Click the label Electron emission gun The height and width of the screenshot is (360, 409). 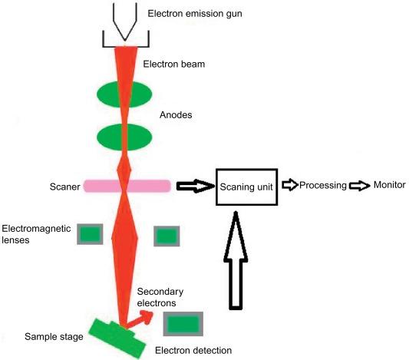(x=195, y=14)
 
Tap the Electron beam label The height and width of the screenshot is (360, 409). (x=174, y=64)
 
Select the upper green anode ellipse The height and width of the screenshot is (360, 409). (x=124, y=94)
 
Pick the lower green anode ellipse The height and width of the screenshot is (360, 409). (x=124, y=137)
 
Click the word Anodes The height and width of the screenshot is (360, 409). (x=176, y=115)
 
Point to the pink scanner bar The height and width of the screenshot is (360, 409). (x=127, y=186)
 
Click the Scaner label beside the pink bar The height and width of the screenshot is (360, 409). (x=64, y=187)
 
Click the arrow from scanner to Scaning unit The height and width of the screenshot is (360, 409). (x=196, y=186)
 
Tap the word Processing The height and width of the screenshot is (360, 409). (x=323, y=185)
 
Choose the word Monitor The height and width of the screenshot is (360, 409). (x=390, y=185)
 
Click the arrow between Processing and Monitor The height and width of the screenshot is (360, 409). (x=359, y=186)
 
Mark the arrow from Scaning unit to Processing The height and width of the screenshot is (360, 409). (x=290, y=185)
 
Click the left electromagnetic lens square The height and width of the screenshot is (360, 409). (x=90, y=234)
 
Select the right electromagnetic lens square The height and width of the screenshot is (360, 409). (x=167, y=236)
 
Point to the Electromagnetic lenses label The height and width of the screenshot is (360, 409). (x=36, y=234)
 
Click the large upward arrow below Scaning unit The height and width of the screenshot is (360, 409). (x=236, y=261)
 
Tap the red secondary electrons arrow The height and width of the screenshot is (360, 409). (x=139, y=319)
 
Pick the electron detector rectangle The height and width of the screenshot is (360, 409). (x=183, y=324)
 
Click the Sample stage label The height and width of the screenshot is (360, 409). (x=54, y=337)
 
